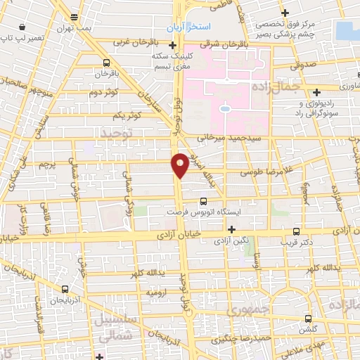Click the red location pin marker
click(x=180, y=165)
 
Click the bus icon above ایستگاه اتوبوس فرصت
click(x=204, y=200)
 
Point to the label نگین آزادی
click(x=232, y=240)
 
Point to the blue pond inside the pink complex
click(x=225, y=109)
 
